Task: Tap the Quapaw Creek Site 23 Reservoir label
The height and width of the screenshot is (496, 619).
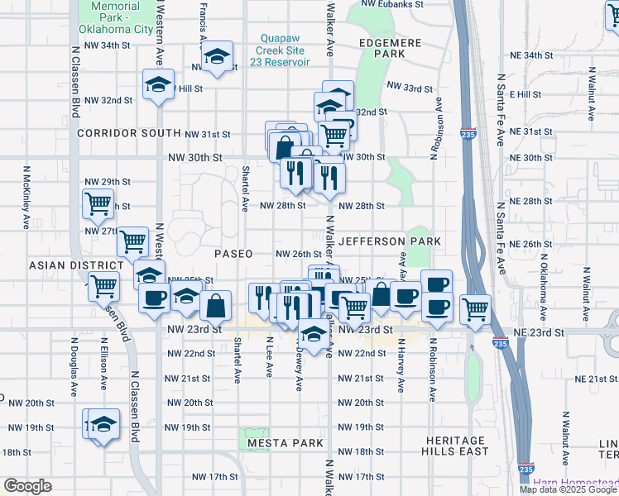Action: [285, 50]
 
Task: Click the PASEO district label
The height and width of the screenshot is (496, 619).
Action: [233, 254]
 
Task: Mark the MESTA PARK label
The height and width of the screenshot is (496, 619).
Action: [285, 443]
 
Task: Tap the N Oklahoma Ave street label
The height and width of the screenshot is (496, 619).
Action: [545, 286]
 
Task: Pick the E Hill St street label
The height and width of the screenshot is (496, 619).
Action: [525, 94]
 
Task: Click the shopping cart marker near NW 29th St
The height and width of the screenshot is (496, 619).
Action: [98, 203]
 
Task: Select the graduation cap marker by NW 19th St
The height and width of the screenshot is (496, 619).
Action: [103, 425]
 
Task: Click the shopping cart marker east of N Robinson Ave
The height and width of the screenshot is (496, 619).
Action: [475, 309]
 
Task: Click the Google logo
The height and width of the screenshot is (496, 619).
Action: [27, 485]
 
